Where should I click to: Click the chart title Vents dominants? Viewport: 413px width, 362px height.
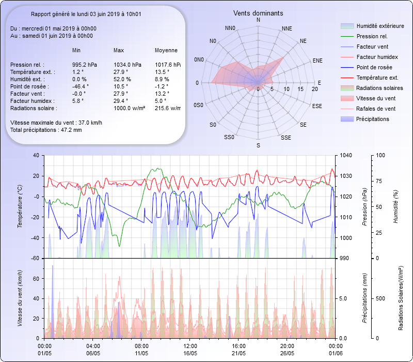click(x=258, y=13)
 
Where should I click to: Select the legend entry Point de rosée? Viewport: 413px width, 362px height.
click(x=374, y=67)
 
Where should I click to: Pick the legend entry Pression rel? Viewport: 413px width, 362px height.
click(x=372, y=36)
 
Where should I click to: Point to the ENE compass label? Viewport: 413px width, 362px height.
click(x=317, y=61)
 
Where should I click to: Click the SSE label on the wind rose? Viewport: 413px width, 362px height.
click(x=285, y=138)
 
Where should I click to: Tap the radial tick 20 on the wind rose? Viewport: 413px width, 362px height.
click(x=314, y=89)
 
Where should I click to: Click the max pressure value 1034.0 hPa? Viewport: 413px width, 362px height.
click(x=127, y=65)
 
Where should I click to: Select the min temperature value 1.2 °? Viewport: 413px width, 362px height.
click(x=77, y=72)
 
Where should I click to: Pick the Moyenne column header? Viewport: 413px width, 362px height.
click(x=166, y=51)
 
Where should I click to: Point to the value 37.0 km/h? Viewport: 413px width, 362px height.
click(x=90, y=123)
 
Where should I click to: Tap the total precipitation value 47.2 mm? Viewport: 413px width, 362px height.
click(x=70, y=129)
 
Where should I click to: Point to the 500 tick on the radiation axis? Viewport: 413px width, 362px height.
click(x=380, y=298)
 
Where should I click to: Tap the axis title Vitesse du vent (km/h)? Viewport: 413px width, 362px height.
click(x=20, y=298)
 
